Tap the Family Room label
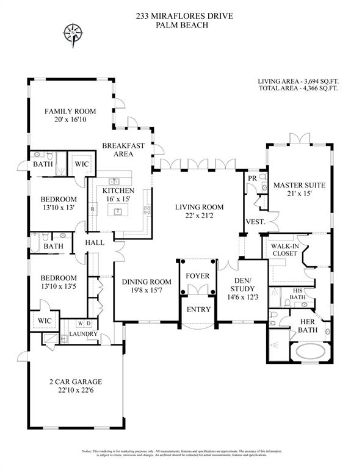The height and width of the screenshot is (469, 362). point(69,111)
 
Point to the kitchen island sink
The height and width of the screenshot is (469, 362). point(115,211)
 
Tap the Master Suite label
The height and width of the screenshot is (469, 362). point(299,184)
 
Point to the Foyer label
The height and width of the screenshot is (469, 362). point(197,276)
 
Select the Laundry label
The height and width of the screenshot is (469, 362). point(84,334)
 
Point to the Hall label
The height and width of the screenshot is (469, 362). point(95,242)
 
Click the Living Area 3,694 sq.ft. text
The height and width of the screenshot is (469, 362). point(298,80)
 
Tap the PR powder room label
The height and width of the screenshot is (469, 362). point(252,178)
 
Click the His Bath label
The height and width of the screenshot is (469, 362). point(297,294)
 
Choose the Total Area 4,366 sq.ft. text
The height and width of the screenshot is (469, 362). point(298,89)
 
